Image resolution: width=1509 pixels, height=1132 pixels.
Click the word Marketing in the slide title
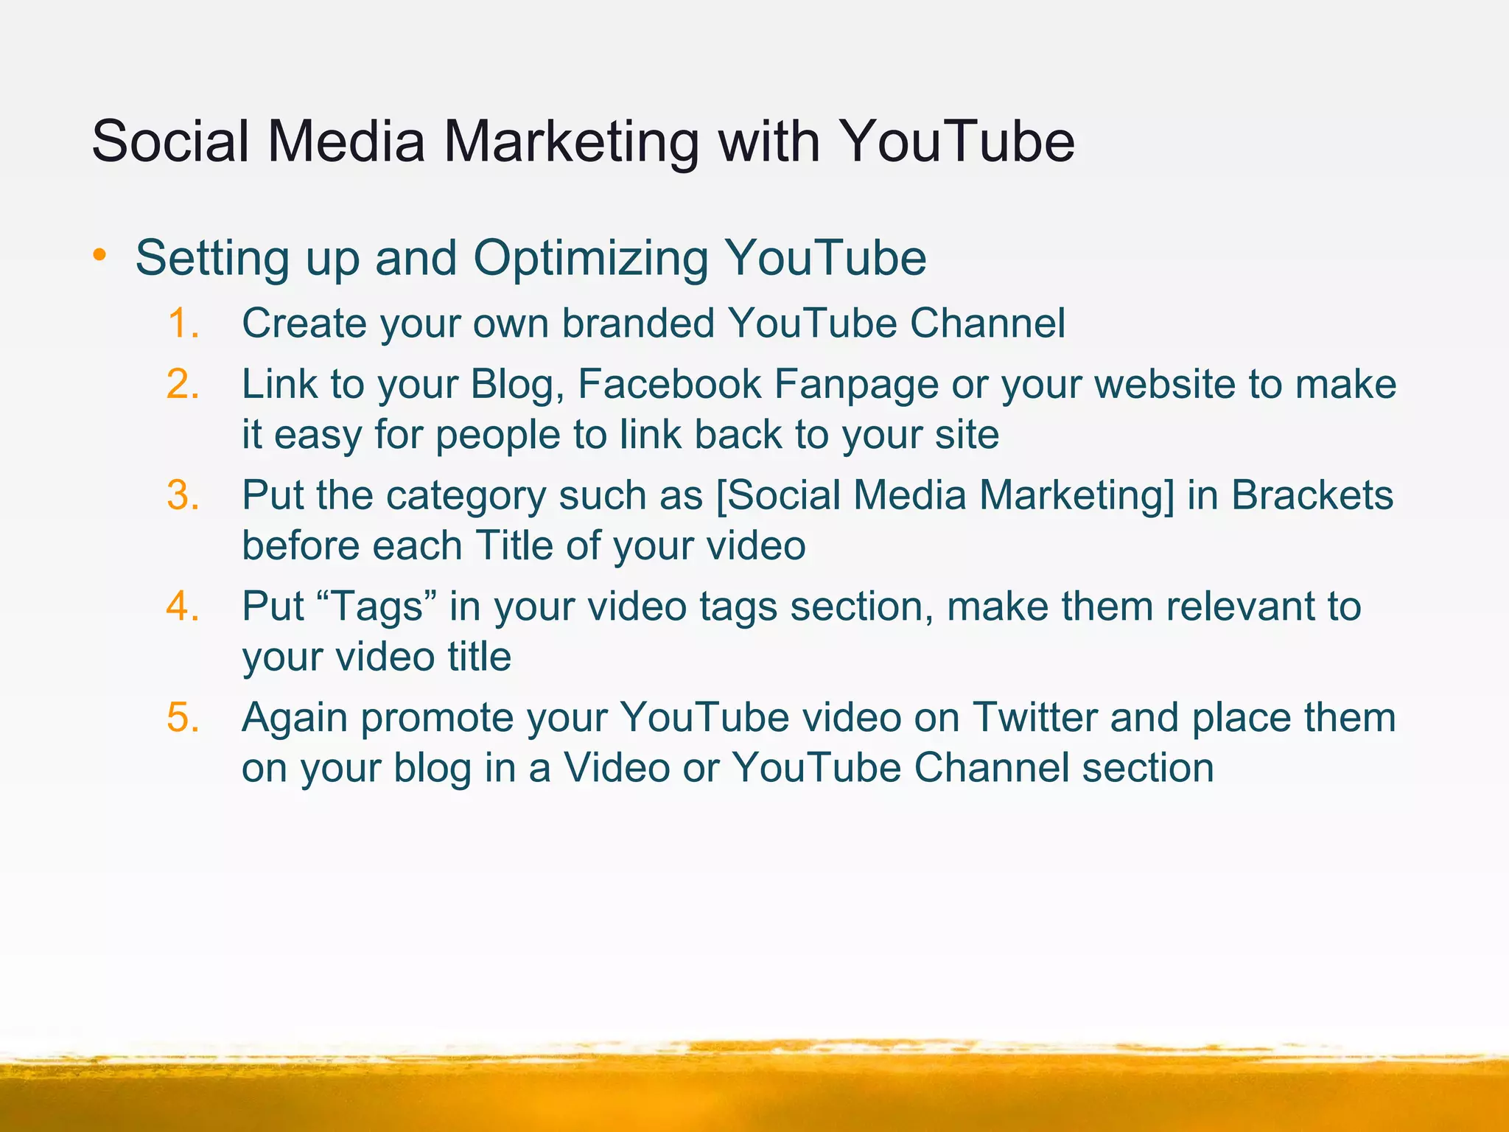click(x=570, y=141)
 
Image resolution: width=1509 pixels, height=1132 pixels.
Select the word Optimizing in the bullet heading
click(x=590, y=259)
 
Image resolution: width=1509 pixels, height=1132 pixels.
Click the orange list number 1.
click(x=183, y=324)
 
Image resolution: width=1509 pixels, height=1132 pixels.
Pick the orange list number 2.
click(x=183, y=384)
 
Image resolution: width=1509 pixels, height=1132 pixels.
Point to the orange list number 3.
click(x=183, y=495)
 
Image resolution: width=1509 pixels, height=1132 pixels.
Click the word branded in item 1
click(x=638, y=324)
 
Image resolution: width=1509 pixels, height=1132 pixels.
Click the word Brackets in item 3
click(x=1312, y=495)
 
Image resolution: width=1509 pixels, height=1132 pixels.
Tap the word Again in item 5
click(x=295, y=719)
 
